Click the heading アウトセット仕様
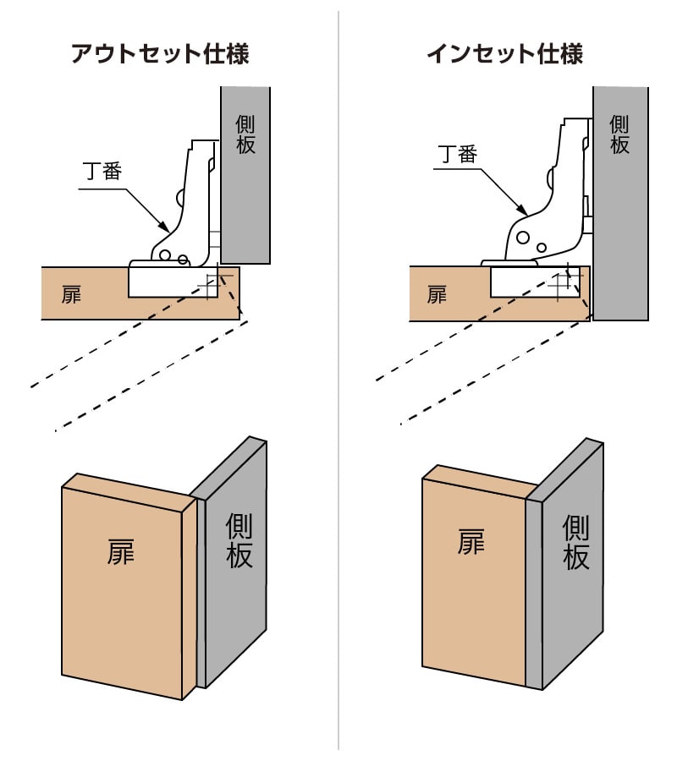[x=160, y=55]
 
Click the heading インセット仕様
[x=504, y=55]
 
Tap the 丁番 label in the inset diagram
[x=458, y=154]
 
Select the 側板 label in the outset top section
[x=245, y=135]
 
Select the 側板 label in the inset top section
[x=620, y=134]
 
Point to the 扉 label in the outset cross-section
[x=72, y=295]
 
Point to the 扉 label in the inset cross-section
[x=437, y=295]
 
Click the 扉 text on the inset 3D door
[x=471, y=541]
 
